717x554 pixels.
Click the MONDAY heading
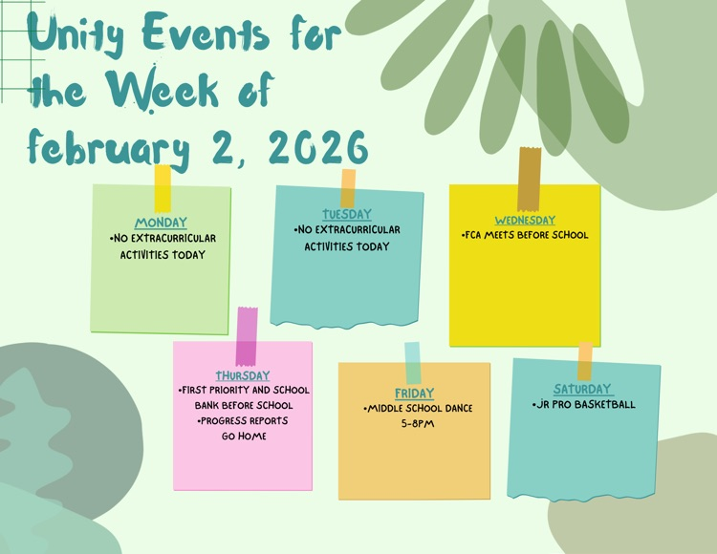tap(161, 224)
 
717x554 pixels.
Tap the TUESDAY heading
tap(347, 215)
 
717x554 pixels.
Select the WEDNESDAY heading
tap(525, 221)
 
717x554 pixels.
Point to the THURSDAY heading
tap(243, 375)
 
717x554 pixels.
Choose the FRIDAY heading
tap(414, 394)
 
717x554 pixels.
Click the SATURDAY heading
tap(583, 390)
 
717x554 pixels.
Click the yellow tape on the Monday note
tap(163, 188)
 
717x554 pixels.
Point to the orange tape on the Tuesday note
tap(348, 187)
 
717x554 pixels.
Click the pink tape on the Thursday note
tap(246, 336)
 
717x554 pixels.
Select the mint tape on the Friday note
tap(412, 363)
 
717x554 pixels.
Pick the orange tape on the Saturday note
tap(584, 361)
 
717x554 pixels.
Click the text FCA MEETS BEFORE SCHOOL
tap(525, 235)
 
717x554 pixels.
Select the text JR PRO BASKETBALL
tap(583, 405)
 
